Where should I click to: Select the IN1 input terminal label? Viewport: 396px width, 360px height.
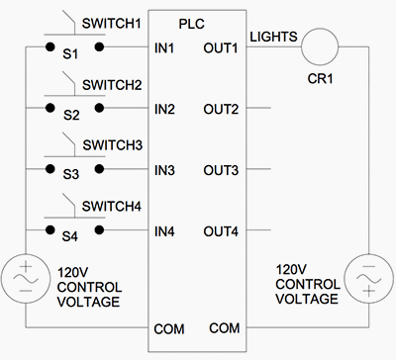165,46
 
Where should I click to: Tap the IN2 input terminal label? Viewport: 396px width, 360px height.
165,108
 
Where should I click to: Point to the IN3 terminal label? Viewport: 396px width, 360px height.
165,170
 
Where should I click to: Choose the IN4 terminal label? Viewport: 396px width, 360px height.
165,232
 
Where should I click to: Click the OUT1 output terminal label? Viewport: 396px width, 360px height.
223,46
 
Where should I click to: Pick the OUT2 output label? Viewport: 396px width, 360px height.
223,108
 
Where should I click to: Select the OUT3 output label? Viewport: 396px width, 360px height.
223,170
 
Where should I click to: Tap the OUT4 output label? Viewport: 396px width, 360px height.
223,232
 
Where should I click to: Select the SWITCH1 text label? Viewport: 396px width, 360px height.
112,21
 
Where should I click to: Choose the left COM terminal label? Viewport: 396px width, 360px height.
169,327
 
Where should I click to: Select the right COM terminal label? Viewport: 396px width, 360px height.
225,327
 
